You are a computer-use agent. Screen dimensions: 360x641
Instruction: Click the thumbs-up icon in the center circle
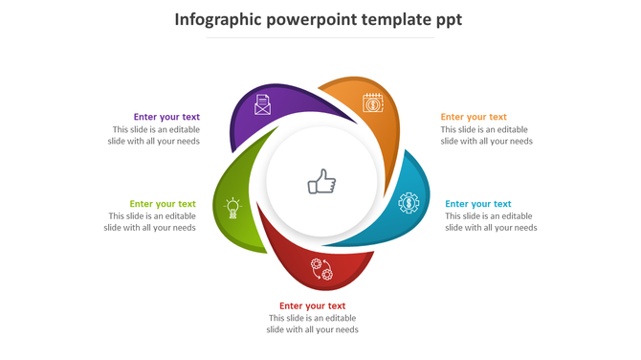321,182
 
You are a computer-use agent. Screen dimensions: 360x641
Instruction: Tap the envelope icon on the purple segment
262,104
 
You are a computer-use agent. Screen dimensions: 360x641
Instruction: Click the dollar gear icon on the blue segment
409,203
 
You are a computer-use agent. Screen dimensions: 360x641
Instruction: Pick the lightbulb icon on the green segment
232,206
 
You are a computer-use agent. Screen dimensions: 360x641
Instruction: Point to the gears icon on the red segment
321,269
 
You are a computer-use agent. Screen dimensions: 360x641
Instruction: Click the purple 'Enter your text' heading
166,117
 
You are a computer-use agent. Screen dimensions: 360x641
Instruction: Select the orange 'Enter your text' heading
474,117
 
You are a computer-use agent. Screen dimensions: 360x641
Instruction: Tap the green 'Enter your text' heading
163,203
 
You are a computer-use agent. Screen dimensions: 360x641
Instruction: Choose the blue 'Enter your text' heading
478,203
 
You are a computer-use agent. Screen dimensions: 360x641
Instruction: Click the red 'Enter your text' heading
312,306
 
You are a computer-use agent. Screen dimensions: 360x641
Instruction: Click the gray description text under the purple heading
154,135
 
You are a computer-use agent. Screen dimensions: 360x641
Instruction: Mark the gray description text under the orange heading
486,135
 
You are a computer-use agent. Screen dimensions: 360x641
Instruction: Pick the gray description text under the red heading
312,324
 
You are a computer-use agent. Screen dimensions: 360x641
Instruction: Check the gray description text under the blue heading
490,221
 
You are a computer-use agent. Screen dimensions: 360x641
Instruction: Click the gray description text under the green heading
150,221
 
